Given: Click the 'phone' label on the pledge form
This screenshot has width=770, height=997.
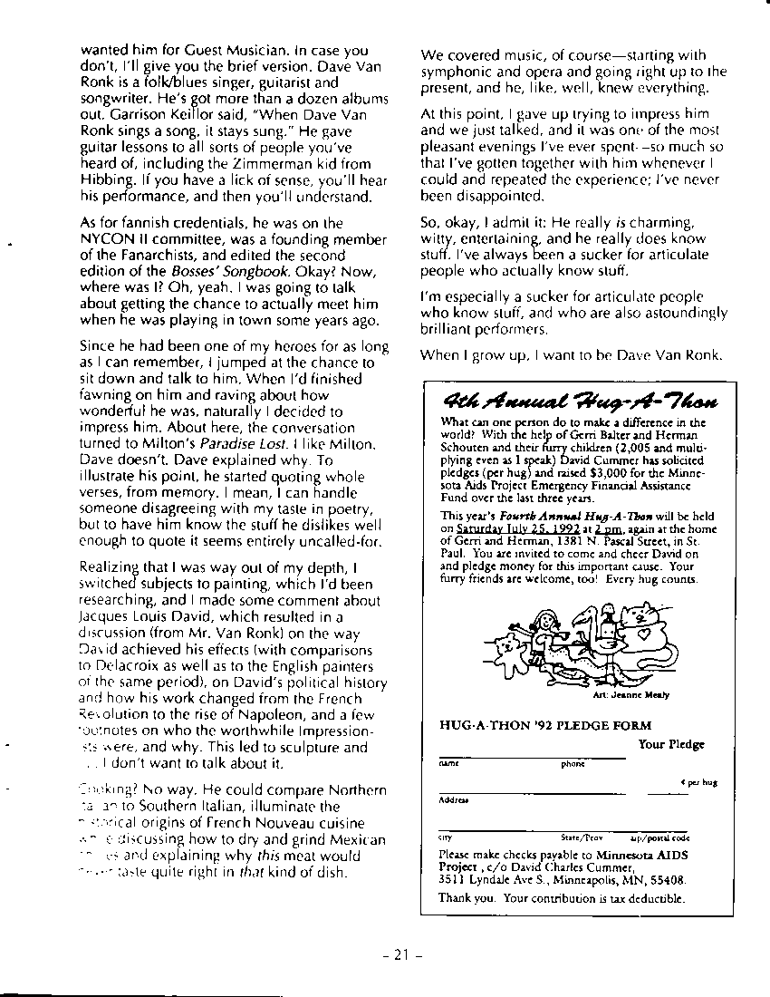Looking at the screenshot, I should [x=573, y=764].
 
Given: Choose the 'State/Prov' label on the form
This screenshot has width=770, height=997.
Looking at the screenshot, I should [x=582, y=838].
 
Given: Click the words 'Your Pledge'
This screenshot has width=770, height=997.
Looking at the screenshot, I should [x=670, y=744].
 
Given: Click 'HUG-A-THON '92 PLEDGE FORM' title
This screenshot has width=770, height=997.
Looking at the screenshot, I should [x=545, y=725].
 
